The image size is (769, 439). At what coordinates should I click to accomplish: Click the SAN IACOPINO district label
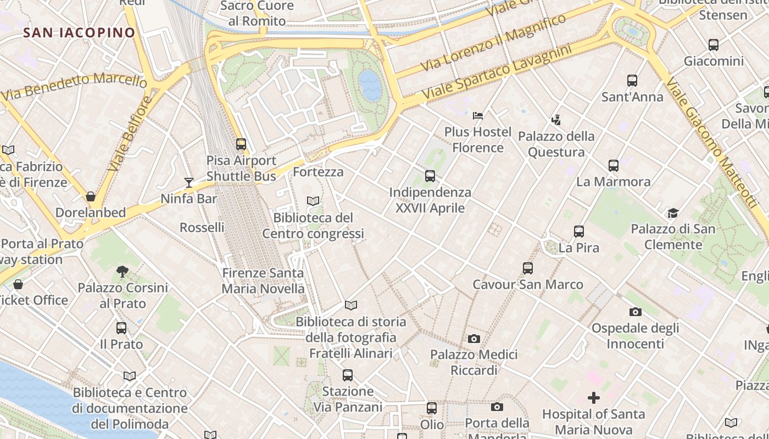[79, 32]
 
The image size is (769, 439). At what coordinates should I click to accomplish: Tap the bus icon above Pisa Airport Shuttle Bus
[241, 144]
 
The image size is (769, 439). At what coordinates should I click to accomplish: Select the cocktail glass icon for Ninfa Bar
[189, 182]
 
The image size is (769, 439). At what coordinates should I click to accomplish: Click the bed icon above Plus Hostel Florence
[478, 116]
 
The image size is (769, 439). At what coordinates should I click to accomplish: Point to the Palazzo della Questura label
[556, 144]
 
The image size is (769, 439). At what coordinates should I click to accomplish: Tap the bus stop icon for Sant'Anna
[632, 81]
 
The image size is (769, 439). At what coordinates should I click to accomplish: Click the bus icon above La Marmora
[613, 165]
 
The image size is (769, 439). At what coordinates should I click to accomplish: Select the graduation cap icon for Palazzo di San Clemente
[673, 213]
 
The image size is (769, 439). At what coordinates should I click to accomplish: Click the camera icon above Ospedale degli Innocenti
[635, 312]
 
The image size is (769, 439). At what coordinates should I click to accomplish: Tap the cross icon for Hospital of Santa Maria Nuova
[593, 397]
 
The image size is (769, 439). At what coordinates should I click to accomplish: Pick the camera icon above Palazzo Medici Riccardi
[473, 339]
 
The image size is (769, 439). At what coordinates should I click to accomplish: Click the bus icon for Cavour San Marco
[527, 268]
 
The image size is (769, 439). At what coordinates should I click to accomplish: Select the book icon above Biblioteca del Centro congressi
[313, 201]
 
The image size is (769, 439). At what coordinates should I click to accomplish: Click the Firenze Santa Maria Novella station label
[263, 280]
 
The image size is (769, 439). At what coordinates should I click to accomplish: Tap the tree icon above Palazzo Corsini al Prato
[122, 271]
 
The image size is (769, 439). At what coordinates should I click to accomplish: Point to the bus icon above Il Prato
[121, 328]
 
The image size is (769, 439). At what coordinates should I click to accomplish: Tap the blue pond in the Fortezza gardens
[370, 86]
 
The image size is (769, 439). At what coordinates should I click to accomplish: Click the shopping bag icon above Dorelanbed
[91, 196]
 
